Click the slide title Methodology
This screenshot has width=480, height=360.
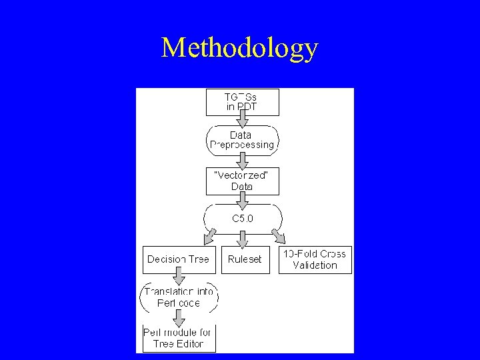coord(240,49)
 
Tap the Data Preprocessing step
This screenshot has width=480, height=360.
coord(243,139)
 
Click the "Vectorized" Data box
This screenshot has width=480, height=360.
coord(243,181)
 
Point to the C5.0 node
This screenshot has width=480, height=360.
coord(243,218)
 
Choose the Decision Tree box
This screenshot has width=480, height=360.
coord(179,260)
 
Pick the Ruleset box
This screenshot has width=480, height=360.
coord(245,260)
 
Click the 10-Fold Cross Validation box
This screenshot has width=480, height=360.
coord(315,260)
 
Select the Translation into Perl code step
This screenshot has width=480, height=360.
coord(179,298)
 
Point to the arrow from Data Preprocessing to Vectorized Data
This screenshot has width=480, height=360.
coord(243,160)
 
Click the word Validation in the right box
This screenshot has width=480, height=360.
coord(315,265)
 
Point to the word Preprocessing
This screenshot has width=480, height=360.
coord(243,145)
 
